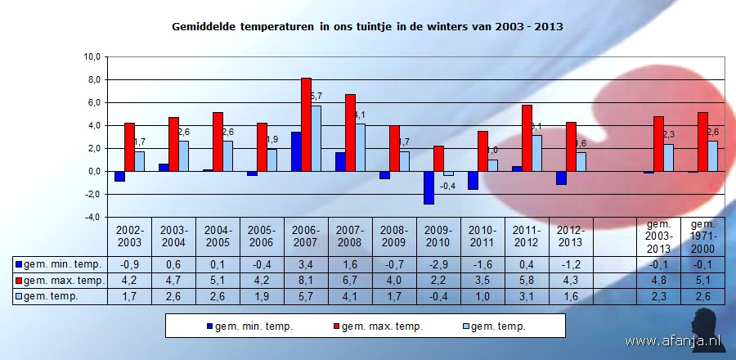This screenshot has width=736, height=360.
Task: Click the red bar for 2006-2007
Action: (x=306, y=124)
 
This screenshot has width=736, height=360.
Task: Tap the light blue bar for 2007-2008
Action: (x=360, y=147)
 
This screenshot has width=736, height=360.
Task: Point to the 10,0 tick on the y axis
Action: (x=92, y=57)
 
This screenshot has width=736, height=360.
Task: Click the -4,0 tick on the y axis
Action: (x=92, y=217)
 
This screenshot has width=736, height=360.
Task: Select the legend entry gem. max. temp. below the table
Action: (x=375, y=326)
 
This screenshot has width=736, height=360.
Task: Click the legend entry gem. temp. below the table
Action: (x=495, y=326)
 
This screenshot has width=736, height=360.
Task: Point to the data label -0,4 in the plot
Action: (x=447, y=186)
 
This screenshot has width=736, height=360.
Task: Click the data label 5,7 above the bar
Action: (x=317, y=97)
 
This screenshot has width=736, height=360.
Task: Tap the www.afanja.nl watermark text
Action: (x=675, y=340)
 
